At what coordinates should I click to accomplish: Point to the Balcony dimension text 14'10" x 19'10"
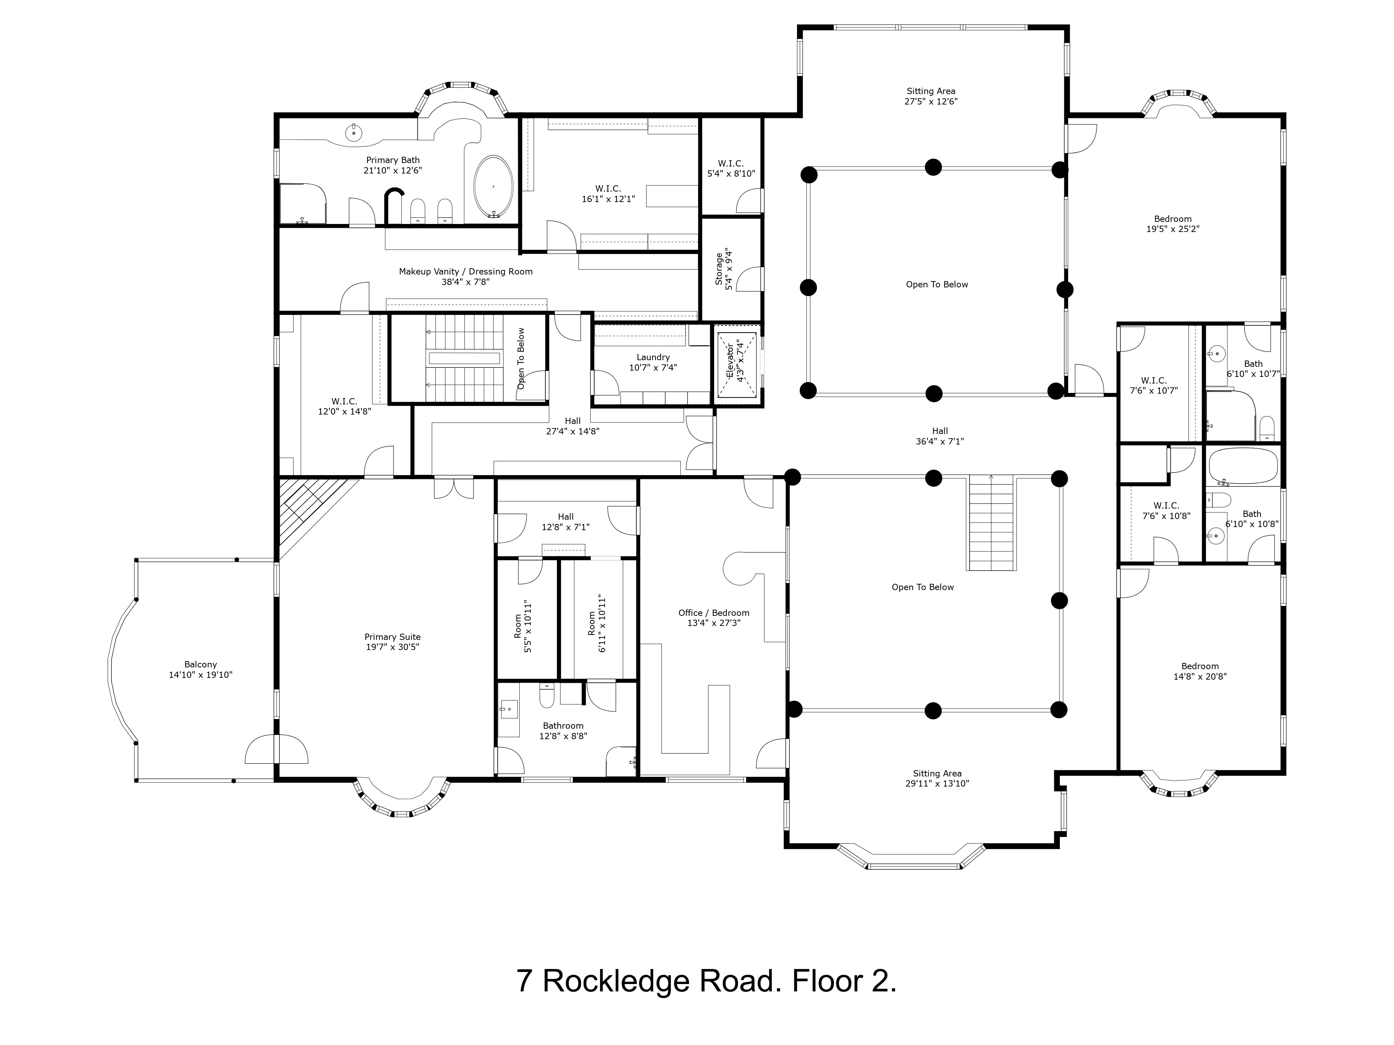200,675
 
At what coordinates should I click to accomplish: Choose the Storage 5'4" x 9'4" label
724,269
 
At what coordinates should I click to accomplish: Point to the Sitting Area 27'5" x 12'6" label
931,96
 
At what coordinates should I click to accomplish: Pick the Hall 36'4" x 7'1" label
940,436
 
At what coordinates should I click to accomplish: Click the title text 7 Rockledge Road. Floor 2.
706,981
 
